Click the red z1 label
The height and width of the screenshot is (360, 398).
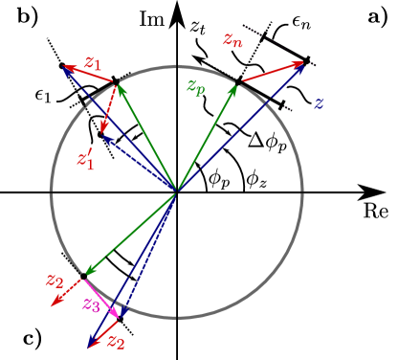tap(92, 63)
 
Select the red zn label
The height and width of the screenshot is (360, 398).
tap(232, 40)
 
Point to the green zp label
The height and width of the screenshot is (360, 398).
tap(195, 87)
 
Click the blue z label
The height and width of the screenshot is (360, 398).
tap(319, 102)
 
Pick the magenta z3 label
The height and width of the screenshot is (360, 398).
tap(91, 304)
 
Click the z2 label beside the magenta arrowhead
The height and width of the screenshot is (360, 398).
tap(117, 342)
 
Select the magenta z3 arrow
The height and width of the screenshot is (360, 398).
tap(102, 298)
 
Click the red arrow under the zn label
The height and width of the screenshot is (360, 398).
tap(272, 72)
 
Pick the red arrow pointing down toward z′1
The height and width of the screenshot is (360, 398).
tap(108, 111)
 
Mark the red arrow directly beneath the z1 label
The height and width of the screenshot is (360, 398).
tap(89, 76)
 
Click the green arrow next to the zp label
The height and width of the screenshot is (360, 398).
tap(207, 138)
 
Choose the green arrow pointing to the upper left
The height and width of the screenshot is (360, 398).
tap(145, 138)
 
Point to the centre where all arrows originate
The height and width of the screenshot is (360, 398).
tap(176, 193)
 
